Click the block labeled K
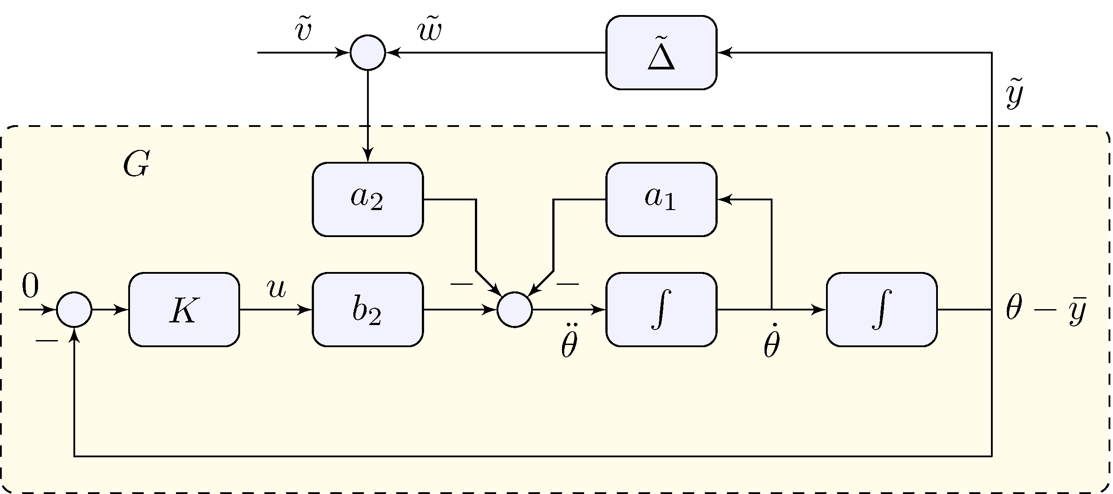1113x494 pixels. pyautogui.click(x=184, y=310)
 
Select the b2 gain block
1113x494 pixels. pyautogui.click(x=367, y=310)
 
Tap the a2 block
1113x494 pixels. pyautogui.click(x=367, y=199)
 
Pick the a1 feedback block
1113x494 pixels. pyautogui.click(x=661, y=199)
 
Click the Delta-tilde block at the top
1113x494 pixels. pyautogui.click(x=661, y=53)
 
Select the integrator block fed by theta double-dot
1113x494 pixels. pyautogui.click(x=661, y=310)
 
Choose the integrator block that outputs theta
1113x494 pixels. pyautogui.click(x=881, y=310)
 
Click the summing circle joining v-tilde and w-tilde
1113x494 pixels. pyautogui.click(x=368, y=53)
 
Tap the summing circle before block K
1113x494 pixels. pyautogui.click(x=74, y=310)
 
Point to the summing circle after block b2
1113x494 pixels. pyautogui.click(x=514, y=310)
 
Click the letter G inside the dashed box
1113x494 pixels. pyautogui.click(x=136, y=165)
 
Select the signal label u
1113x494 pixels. pyautogui.click(x=276, y=288)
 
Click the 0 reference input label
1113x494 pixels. pyautogui.click(x=30, y=286)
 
